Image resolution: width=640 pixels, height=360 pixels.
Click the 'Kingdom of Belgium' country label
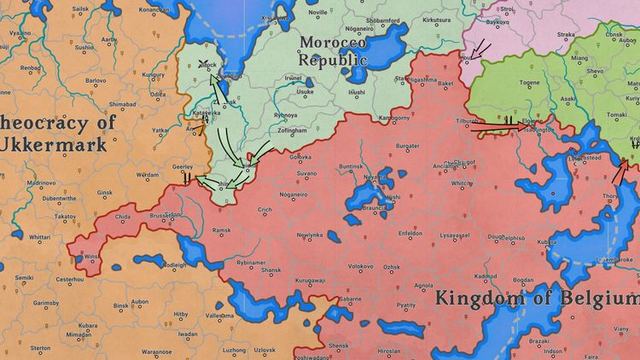click(536, 299)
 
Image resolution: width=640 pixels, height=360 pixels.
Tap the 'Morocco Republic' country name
click(333, 50)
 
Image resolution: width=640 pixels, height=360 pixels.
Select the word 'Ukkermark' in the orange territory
click(52, 144)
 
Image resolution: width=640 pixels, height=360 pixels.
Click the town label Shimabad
click(122, 104)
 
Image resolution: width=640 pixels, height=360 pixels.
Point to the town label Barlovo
click(95, 80)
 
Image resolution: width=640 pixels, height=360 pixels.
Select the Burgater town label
click(407, 146)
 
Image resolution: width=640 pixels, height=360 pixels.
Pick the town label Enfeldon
click(410, 233)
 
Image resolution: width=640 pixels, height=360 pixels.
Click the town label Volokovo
click(361, 267)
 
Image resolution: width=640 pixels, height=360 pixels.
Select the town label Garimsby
click(46, 303)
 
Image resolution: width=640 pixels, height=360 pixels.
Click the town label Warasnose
click(156, 351)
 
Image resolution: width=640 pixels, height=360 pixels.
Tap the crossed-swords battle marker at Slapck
click(204, 64)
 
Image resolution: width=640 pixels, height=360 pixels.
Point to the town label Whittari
click(39, 237)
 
